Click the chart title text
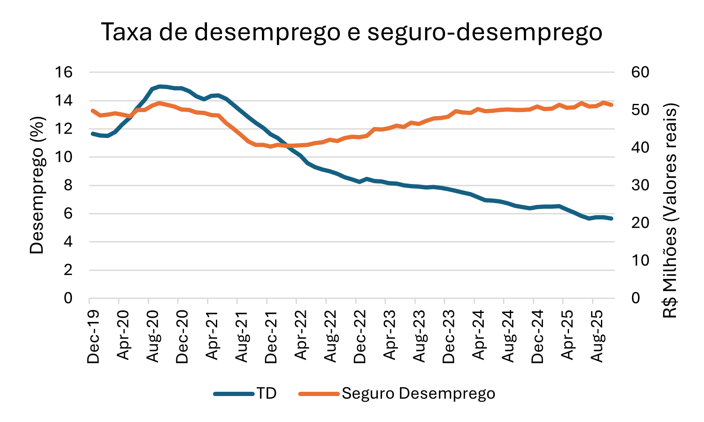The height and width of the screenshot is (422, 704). pos(351,32)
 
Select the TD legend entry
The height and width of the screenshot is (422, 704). pos(266,393)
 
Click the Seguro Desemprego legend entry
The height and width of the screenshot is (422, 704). pos(418,393)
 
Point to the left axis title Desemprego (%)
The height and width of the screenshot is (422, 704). pos(37,185)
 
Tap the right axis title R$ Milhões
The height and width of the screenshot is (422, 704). pos(670,211)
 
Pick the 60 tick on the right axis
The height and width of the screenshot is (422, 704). pos(640,72)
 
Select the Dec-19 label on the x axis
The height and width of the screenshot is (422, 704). pos(93,336)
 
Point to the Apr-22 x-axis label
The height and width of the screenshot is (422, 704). pos(301,336)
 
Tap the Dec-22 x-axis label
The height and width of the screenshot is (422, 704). pos(360,336)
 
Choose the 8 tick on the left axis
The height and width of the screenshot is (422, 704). pos(68,185)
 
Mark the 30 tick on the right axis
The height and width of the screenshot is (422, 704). pos(640,185)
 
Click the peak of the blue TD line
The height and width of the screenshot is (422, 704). pos(160,86)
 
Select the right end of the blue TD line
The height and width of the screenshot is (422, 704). pos(612,218)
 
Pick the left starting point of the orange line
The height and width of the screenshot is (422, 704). pos(92,110)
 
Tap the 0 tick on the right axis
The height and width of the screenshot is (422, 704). pos(636,298)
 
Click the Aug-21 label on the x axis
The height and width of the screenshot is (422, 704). pos(242,336)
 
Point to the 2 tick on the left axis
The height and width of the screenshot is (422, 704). pos(68,270)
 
